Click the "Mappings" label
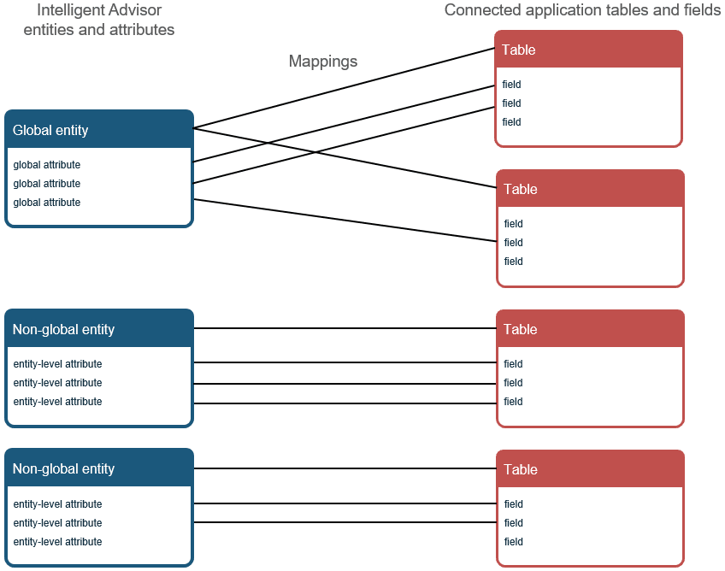(322, 62)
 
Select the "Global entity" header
(50, 131)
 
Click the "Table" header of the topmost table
(519, 50)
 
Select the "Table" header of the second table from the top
(521, 189)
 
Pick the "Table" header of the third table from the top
(521, 329)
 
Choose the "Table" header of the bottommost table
(521, 469)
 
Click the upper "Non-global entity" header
(63, 329)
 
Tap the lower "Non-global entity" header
(63, 468)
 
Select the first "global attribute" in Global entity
(47, 165)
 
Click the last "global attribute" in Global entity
(47, 203)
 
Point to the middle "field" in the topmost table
(511, 103)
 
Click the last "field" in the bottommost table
(513, 542)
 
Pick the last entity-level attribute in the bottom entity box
(57, 542)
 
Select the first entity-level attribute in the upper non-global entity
(57, 364)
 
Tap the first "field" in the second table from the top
(513, 224)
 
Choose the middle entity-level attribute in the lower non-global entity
(57, 523)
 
